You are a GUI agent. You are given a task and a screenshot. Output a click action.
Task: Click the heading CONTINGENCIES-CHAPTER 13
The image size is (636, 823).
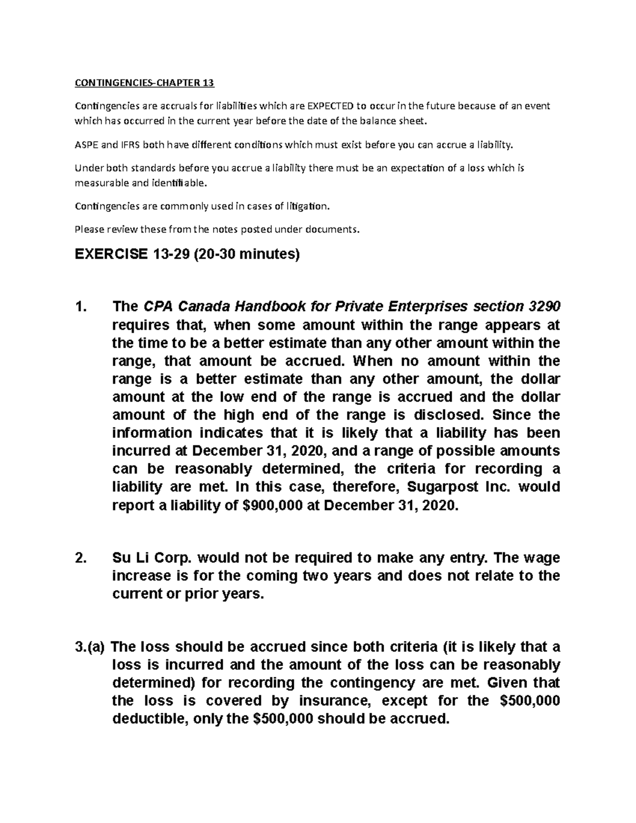pos(145,83)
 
